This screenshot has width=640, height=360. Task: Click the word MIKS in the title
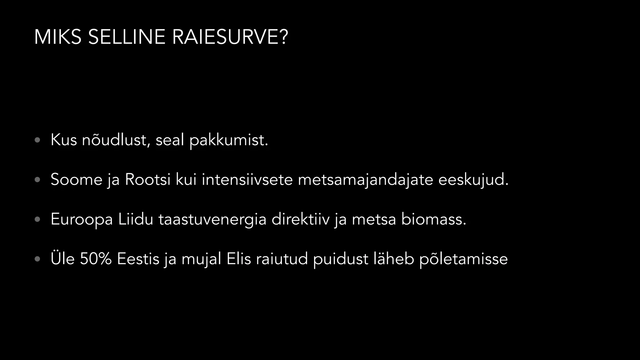[57, 37]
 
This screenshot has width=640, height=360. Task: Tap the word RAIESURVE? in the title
[230, 37]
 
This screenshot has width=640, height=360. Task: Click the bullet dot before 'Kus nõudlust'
[37, 140]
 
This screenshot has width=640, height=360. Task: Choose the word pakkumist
[229, 140]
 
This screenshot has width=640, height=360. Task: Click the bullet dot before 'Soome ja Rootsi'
[37, 180]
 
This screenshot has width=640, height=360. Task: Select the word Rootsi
[148, 179]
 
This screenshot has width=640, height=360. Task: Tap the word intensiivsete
[247, 179]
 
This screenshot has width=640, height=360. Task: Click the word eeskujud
[473, 180]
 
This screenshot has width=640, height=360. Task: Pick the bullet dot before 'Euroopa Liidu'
[37, 219]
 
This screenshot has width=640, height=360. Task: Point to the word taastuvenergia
[212, 219]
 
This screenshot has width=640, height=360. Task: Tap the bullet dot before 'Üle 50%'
[37, 259]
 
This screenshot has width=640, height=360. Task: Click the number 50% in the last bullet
[96, 259]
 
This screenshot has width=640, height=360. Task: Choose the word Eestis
[138, 259]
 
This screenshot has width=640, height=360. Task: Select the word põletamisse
[463, 259]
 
